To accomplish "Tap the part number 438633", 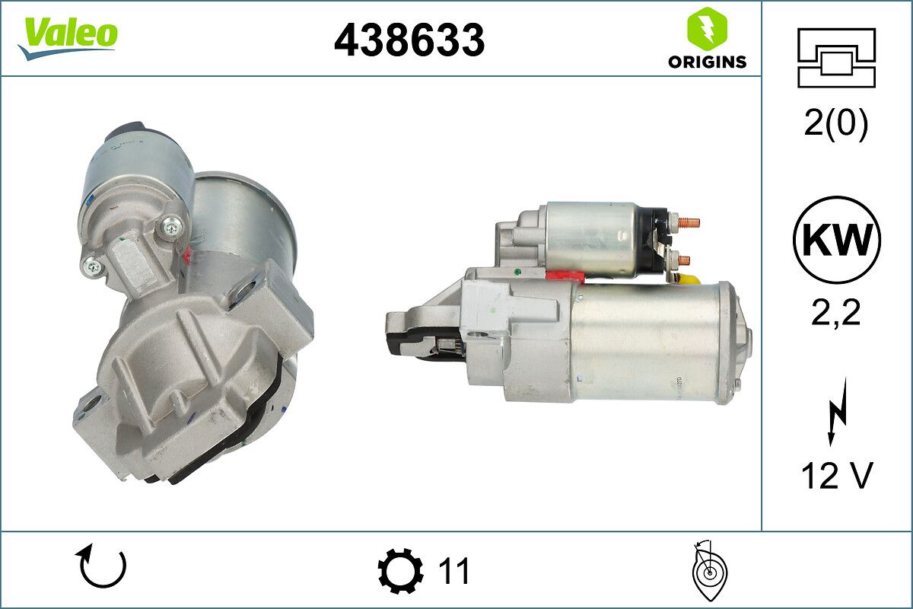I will (409, 40).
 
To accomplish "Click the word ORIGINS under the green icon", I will (707, 62).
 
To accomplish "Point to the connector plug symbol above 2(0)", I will (836, 57).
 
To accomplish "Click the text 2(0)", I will (836, 124).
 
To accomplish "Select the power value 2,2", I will (836, 311).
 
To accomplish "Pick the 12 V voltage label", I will (836, 476).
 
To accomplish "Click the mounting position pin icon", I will (708, 569).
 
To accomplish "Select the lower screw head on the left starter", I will (94, 264).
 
